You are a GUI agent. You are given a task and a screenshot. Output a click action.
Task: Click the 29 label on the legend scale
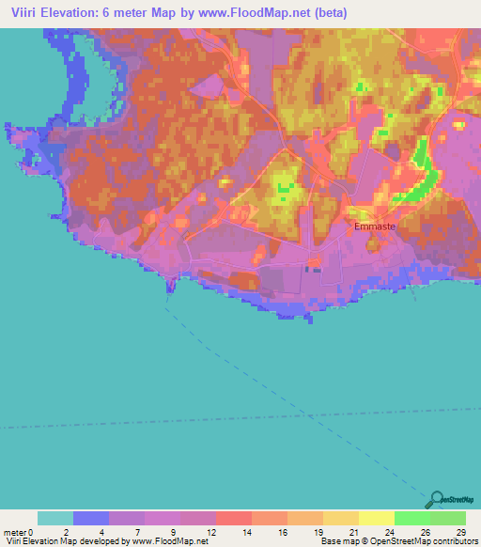pyautogui.click(x=460, y=532)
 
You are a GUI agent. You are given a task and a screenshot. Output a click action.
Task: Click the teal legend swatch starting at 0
pyautogui.click(x=54, y=519)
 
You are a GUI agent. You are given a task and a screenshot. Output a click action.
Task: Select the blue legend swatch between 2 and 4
pyautogui.click(x=91, y=519)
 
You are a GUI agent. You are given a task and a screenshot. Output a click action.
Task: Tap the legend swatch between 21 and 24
pyautogui.click(x=377, y=519)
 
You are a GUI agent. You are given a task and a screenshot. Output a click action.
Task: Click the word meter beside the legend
pyautogui.click(x=16, y=532)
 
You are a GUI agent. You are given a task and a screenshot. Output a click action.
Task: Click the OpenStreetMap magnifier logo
pyautogui.click(x=436, y=499)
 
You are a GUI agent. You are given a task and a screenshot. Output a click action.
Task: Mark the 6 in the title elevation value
pyautogui.click(x=124, y=12)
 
